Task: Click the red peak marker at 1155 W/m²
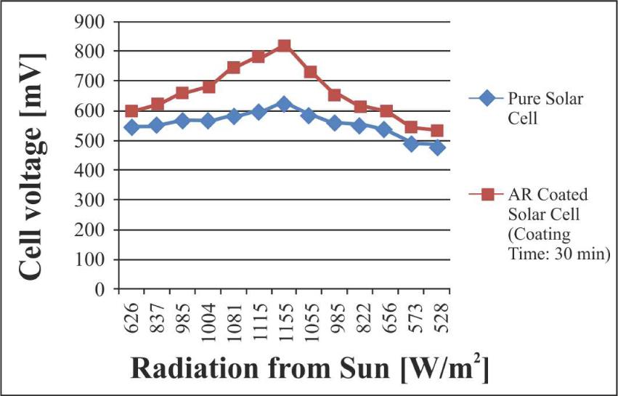point(284,47)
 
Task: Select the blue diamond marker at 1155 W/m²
point(284,105)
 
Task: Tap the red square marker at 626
point(131,111)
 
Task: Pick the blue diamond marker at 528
point(437,148)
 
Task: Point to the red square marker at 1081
point(233,68)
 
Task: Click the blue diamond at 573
point(412,144)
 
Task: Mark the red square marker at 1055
point(310,72)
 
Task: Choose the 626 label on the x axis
point(131,316)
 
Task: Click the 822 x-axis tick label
point(361,316)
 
